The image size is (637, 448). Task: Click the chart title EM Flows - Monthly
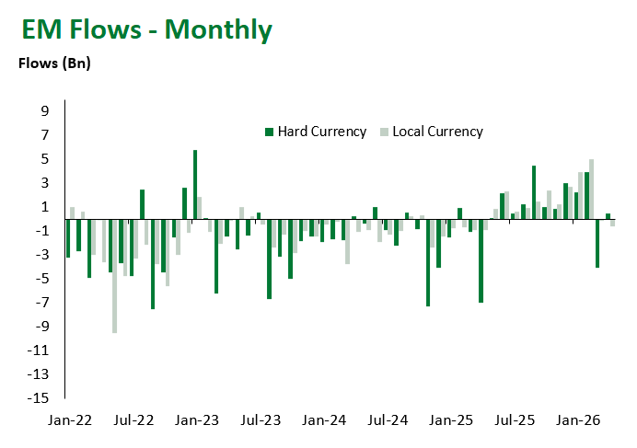147,30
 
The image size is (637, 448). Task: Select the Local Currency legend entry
432,132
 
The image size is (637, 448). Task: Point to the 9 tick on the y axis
44,111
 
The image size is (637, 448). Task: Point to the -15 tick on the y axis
41,398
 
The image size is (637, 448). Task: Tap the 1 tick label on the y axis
44,207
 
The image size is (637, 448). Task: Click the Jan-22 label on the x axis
70,420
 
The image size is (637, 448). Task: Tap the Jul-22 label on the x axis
133,420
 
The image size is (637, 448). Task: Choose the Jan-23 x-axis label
197,420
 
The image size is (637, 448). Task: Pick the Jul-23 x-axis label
261,420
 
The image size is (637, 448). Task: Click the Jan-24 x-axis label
324,420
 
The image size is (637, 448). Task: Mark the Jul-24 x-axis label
388,420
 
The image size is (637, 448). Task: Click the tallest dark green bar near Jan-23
195,184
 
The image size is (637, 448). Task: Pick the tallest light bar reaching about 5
591,189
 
